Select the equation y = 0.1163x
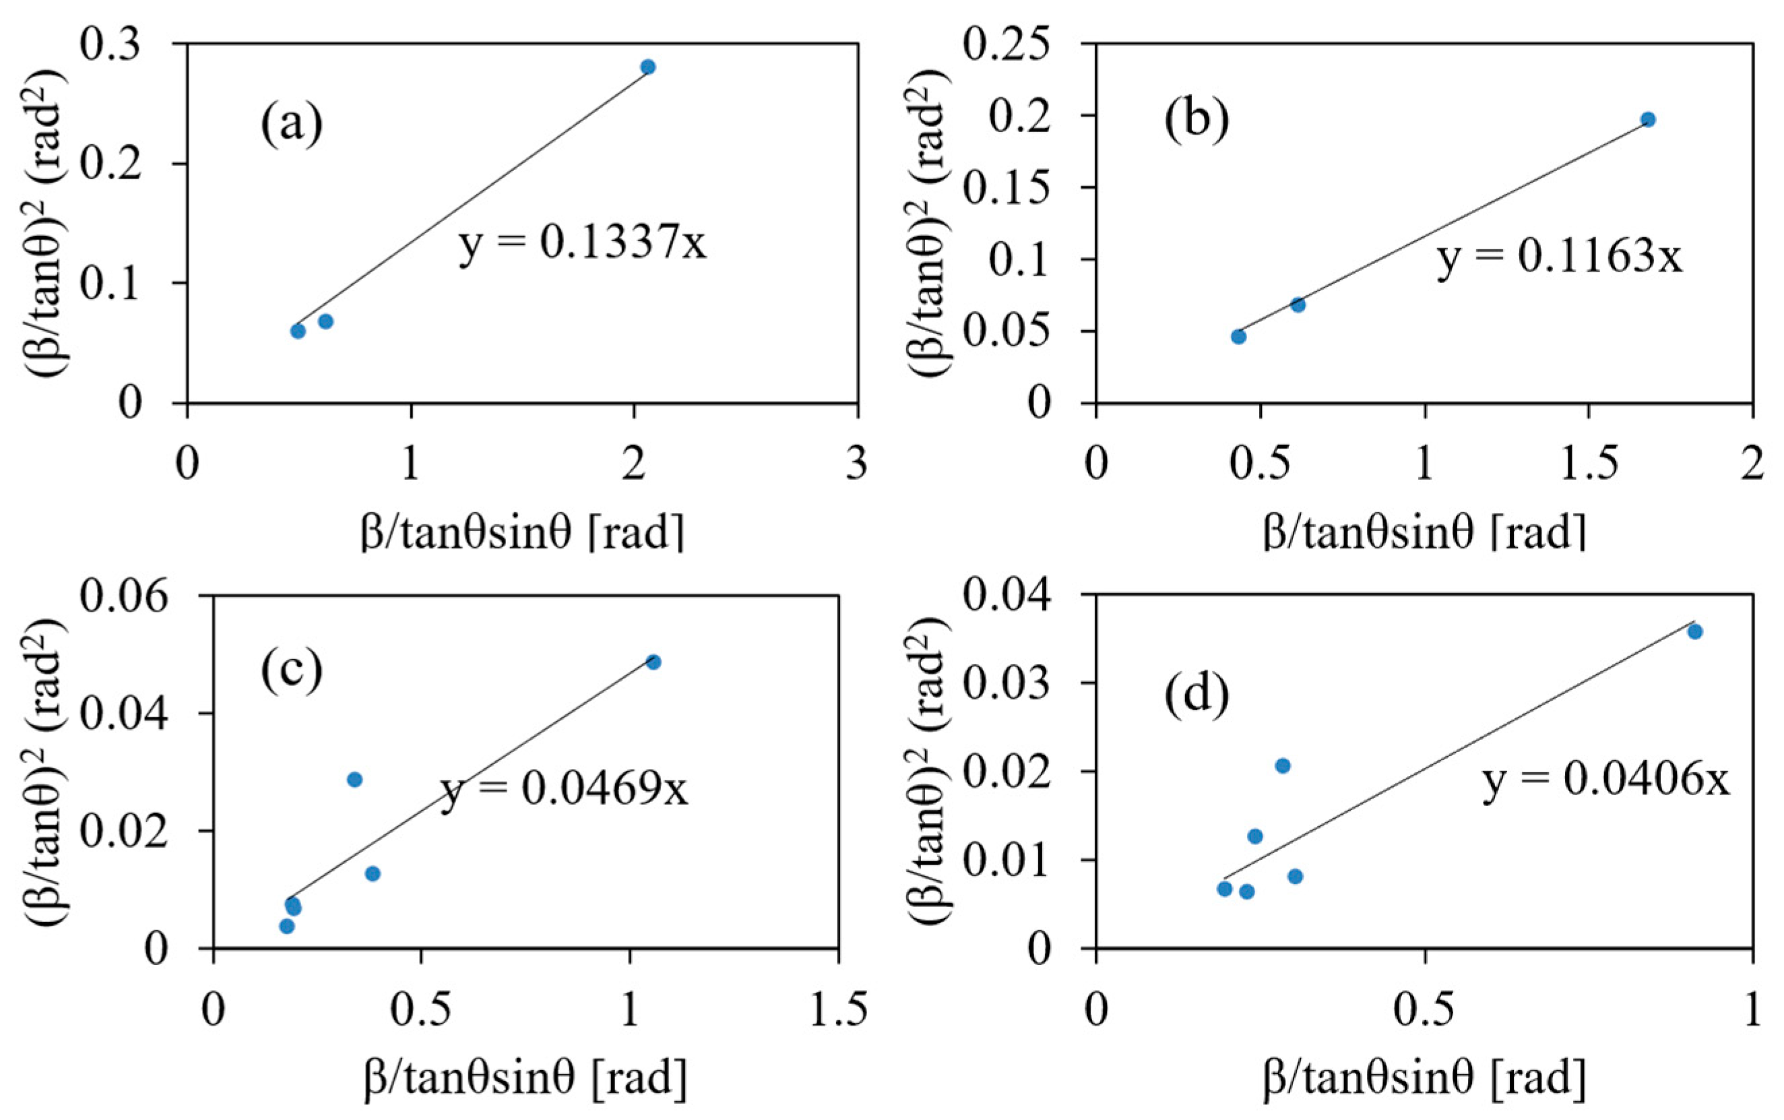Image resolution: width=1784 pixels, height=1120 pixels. pos(1560,257)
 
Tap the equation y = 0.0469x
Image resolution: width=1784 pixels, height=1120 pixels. pos(565,790)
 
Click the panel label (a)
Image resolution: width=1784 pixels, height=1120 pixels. pos(291,125)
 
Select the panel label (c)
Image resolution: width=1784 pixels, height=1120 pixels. pos(291,671)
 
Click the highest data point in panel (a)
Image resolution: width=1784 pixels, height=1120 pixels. pos(648,67)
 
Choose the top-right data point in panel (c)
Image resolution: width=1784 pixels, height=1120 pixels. pos(654,662)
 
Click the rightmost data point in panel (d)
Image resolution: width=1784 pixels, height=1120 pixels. pos(1695,632)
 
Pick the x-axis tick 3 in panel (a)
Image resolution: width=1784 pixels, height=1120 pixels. pos(857,464)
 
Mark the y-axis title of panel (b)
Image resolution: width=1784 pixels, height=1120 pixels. pos(927,224)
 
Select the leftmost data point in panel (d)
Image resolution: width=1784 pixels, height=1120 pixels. pos(1225,889)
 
